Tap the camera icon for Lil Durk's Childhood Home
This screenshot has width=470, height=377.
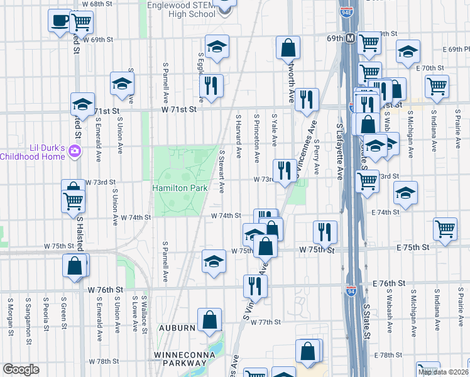75,151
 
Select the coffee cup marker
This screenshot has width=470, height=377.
60,21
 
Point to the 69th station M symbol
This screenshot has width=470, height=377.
350,38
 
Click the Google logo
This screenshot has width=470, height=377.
21,369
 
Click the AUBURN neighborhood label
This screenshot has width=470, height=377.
173,329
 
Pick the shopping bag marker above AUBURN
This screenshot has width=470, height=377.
209,320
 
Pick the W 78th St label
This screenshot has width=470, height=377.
104,362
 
